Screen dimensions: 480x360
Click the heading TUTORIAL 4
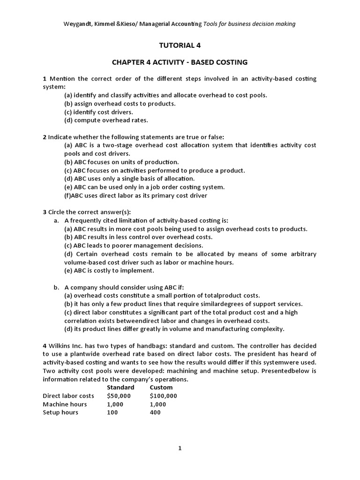[180, 45]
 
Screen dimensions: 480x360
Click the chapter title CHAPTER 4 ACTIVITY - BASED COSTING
[180, 62]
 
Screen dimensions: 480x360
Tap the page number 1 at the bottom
[180, 448]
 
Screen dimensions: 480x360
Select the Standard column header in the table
[120, 387]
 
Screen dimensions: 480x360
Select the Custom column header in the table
[161, 387]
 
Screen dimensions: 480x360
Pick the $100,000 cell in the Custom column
[163, 396]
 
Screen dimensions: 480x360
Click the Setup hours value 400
[155, 412]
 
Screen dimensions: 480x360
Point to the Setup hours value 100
[112, 412]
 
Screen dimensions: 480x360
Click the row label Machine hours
[64, 404]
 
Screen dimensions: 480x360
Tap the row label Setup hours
[60, 412]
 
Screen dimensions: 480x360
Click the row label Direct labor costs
[68, 396]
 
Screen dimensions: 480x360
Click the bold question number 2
[45, 137]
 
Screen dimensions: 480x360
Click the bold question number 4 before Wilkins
[45, 345]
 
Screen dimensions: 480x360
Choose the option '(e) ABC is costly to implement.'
[109, 270]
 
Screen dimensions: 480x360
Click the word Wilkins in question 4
[59, 345]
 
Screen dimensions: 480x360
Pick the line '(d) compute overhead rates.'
[106, 120]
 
